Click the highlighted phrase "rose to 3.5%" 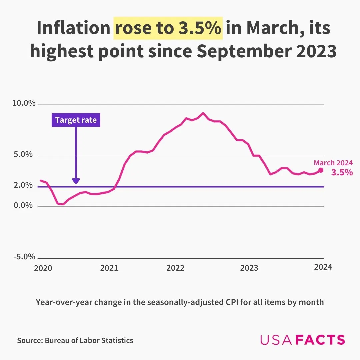point(168,29)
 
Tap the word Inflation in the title point(73,29)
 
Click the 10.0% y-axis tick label point(24,103)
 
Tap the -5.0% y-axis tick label point(24,257)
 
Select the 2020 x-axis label point(43,268)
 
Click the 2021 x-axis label point(109,268)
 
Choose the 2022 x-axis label point(176,268)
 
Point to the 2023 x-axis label point(249,268)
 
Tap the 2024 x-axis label point(323,267)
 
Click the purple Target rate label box point(76,120)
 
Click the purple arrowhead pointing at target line point(76,181)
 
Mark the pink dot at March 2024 point(321,170)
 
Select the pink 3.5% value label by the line point(342,172)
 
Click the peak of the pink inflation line point(203,113)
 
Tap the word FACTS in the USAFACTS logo point(320,340)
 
